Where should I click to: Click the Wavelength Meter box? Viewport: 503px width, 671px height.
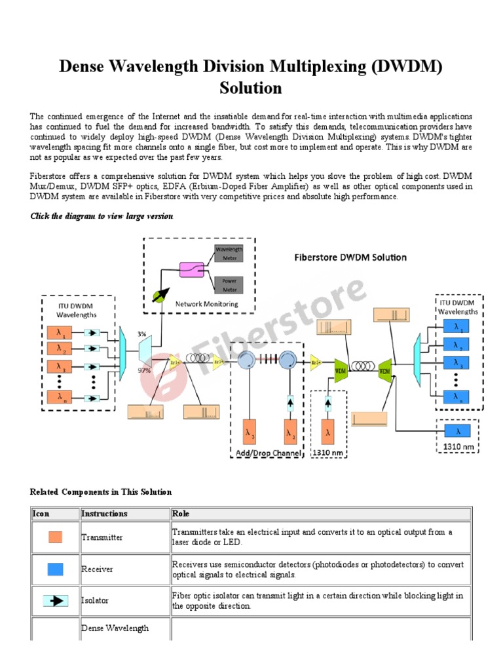pos(229,253)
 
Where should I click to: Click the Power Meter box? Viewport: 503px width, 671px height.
pos(229,284)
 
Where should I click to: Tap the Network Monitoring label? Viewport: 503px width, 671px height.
pos(206,303)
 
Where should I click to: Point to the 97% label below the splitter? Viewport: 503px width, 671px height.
pos(143,370)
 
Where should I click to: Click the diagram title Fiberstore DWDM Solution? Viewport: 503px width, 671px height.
pos(350,257)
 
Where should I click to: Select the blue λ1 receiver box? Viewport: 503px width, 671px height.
pos(456,326)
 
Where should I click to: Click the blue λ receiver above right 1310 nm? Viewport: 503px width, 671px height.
pos(458,431)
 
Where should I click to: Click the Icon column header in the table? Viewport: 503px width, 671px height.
pos(41,514)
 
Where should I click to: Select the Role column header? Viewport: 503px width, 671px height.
pos(180,514)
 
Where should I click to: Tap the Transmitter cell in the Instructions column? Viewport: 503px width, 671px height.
pos(102,537)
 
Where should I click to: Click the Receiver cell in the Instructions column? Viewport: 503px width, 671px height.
pos(97,569)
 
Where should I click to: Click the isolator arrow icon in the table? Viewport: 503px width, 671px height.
pos(56,600)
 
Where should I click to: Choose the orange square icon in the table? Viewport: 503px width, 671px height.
pos(56,537)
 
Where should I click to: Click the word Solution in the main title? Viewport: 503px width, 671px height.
pos(251,87)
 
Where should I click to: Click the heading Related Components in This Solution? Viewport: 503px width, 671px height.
pos(101,491)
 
